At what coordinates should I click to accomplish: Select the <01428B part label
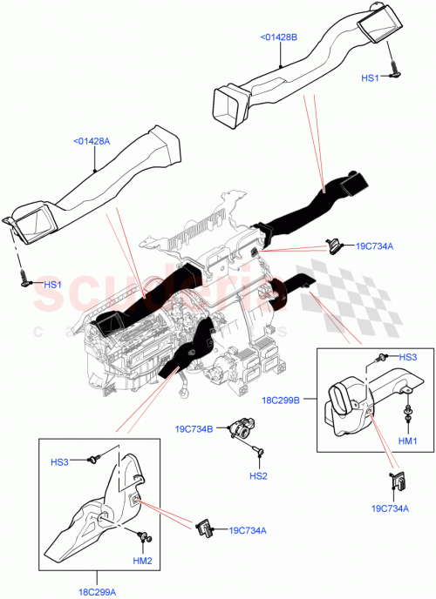click(279, 37)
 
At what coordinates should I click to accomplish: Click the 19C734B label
click(193, 428)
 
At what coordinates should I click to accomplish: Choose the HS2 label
click(258, 476)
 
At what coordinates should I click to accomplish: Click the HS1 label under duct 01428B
click(371, 78)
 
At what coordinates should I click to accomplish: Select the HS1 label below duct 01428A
click(53, 285)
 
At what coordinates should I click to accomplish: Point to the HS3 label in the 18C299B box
click(408, 357)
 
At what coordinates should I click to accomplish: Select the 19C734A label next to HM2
click(248, 530)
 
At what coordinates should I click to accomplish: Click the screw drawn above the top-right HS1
click(394, 64)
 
